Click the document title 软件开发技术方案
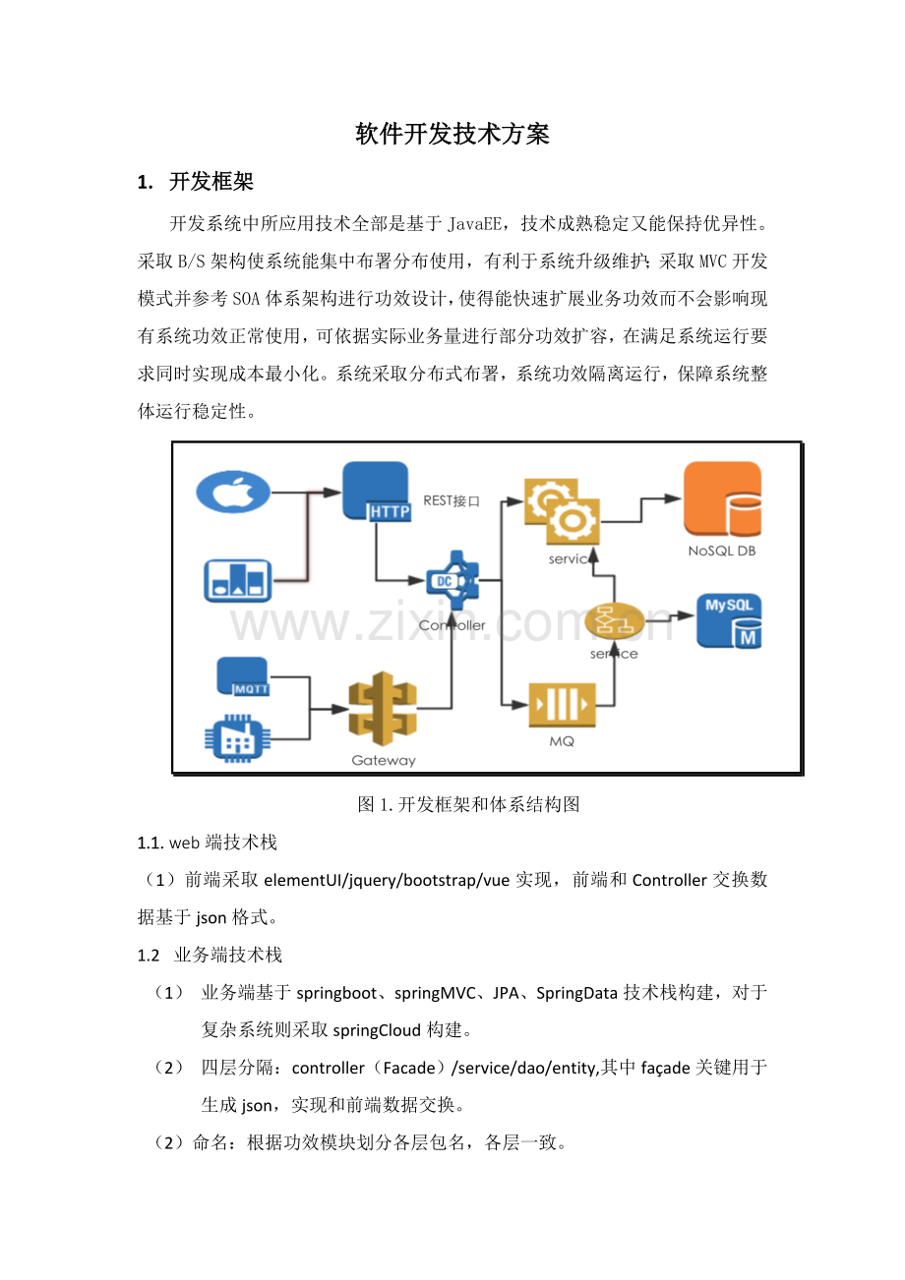click(x=452, y=135)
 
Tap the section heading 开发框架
click(x=211, y=182)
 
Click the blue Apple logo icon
click(x=233, y=492)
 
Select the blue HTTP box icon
click(x=376, y=492)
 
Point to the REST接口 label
click(x=452, y=500)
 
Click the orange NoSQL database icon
click(x=723, y=498)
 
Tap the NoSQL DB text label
click(x=722, y=551)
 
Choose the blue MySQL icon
click(x=729, y=621)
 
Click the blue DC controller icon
click(x=452, y=581)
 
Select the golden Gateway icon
click(x=383, y=709)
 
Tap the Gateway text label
click(x=384, y=760)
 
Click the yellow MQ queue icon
click(x=562, y=705)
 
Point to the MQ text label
click(x=562, y=741)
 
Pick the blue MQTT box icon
click(x=243, y=676)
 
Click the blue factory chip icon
click(x=237, y=739)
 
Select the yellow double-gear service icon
click(x=562, y=512)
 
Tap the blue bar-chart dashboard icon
click(x=238, y=581)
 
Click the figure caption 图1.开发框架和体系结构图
click(x=468, y=804)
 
